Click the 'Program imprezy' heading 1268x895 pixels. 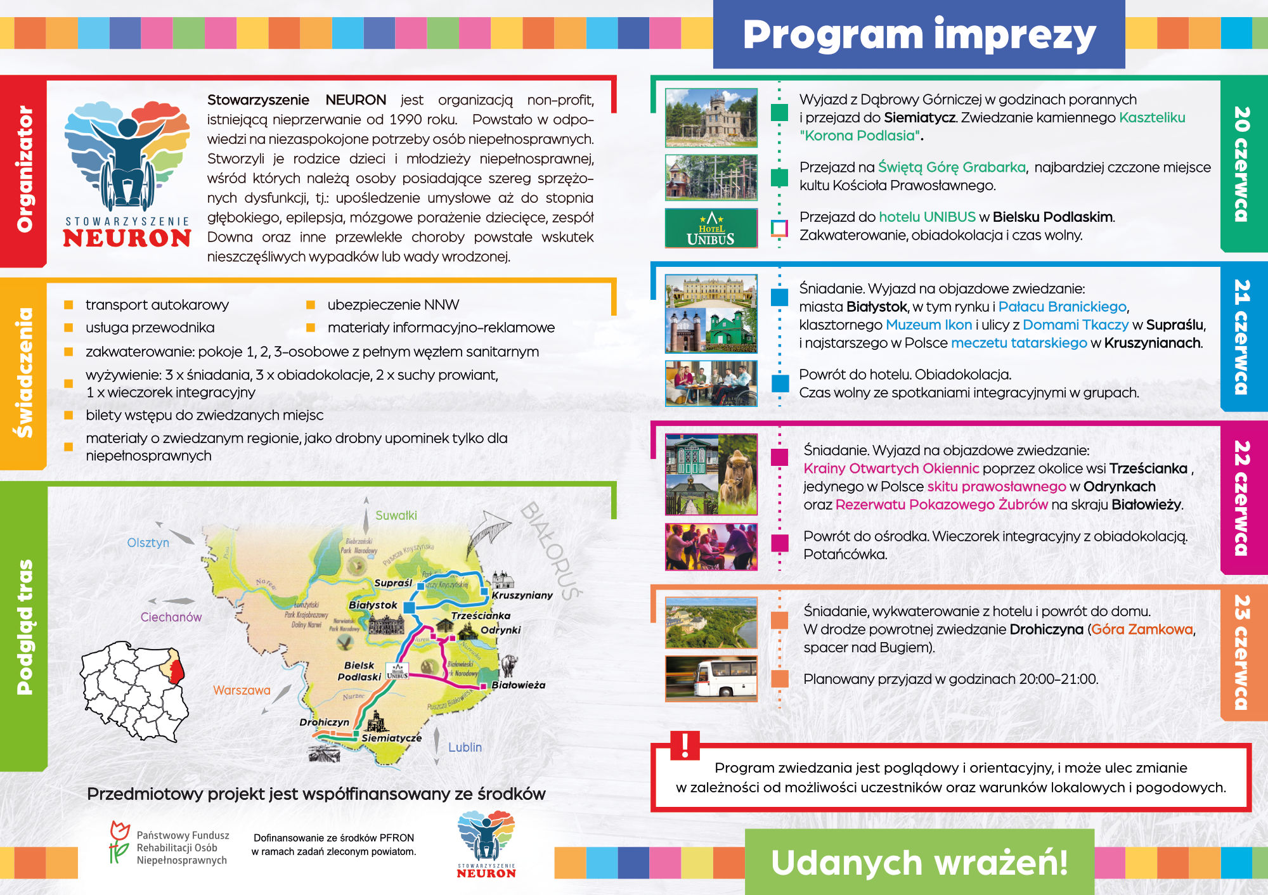919,35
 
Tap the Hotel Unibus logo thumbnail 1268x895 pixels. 711,228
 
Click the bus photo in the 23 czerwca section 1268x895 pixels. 711,679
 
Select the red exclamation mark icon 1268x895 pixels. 685,745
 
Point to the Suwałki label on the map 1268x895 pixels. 396,515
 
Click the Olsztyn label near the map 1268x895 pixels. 148,543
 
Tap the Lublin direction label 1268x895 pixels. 465,747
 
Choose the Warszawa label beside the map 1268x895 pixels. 242,690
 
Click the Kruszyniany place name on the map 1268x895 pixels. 522,595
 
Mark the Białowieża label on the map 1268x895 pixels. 518,685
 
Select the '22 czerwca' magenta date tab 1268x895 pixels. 1243,498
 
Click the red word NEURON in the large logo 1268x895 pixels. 127,238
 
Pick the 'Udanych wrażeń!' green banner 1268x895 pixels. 919,863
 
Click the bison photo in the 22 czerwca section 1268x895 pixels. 738,474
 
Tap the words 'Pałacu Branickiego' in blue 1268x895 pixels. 1062,307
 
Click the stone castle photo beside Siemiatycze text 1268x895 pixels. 711,118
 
